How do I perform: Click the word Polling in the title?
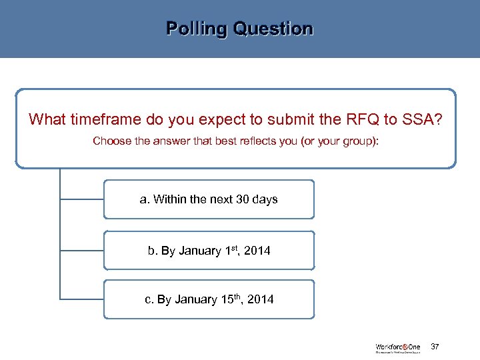[195, 29]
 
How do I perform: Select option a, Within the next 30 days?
[209, 199]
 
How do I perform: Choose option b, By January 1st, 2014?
[209, 251]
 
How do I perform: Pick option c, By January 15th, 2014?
[209, 299]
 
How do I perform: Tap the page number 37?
[435, 347]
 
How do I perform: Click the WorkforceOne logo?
[399, 347]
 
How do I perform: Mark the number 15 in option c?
[227, 299]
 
